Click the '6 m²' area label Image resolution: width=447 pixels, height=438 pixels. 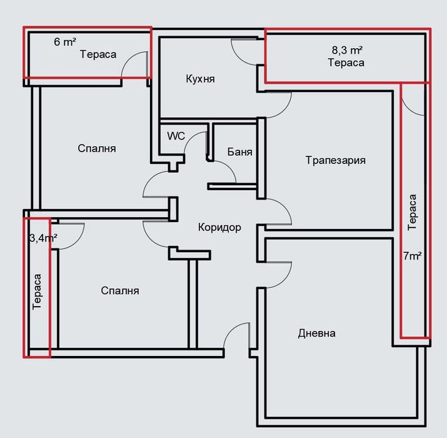coord(65,42)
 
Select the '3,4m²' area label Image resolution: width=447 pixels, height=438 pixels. coord(43,238)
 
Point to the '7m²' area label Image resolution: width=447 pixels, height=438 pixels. coord(413,255)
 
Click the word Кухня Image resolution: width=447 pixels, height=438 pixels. coord(201,79)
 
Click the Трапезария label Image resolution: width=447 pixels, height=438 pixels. coord(335,160)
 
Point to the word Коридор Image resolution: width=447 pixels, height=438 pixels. coord(219,227)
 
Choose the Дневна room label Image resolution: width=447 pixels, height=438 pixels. coord(316,333)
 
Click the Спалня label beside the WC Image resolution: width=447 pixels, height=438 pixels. coord(97,149)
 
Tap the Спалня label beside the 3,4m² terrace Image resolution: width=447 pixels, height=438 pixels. coord(120,291)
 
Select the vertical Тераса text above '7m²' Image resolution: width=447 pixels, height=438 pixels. coord(413,213)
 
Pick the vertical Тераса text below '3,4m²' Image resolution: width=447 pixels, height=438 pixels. coord(38,292)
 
